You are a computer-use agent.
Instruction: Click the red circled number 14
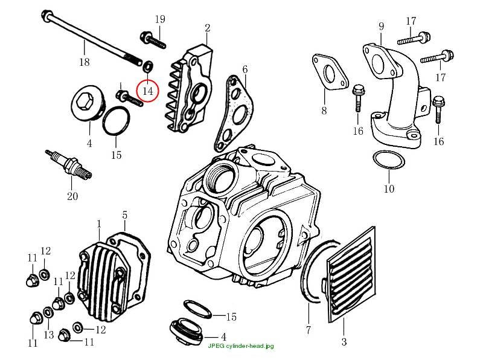tap(147, 91)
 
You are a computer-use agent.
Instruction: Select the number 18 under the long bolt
tap(85, 62)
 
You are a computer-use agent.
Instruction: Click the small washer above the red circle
tap(149, 65)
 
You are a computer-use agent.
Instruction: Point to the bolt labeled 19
tap(153, 40)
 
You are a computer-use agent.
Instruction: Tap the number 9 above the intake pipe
tap(382, 26)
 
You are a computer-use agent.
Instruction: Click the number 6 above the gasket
tap(245, 69)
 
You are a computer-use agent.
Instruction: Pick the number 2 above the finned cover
tap(207, 28)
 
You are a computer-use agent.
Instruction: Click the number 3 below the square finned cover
tap(344, 341)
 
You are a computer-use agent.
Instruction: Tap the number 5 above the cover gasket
tap(124, 215)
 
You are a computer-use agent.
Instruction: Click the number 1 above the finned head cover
tap(99, 223)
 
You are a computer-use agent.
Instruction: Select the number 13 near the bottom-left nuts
tap(49, 335)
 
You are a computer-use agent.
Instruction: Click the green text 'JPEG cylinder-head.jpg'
tap(240, 346)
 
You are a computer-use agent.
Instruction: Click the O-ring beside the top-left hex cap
tap(116, 121)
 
